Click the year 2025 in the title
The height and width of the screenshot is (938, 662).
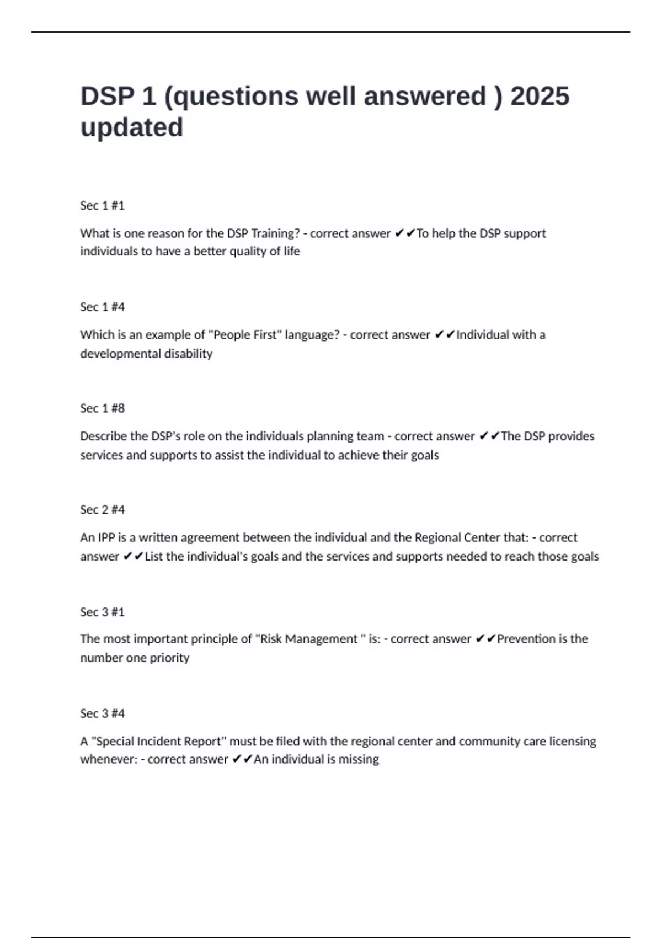pos(540,97)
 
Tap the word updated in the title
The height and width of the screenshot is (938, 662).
pos(132,128)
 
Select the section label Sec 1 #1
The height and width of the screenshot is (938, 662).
pos(103,206)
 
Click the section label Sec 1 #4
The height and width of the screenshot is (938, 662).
pos(103,307)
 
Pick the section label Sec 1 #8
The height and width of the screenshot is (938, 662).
pos(103,408)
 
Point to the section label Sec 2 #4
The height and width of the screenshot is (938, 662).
pos(103,510)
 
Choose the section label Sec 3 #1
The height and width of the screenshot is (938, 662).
pos(103,612)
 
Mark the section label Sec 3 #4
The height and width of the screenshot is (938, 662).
pos(103,713)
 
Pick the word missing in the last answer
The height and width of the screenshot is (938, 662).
pos(359,759)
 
